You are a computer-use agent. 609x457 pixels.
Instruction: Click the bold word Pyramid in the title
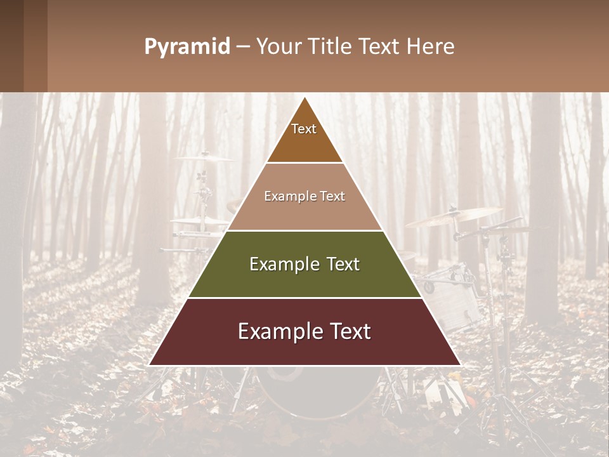pyautogui.click(x=187, y=47)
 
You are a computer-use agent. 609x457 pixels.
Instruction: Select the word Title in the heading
pyautogui.click(x=332, y=47)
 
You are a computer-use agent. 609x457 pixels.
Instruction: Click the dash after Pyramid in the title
pyautogui.click(x=242, y=47)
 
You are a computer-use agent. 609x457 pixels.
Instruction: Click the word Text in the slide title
pyautogui.click(x=381, y=47)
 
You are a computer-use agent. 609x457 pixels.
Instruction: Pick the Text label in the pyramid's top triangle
pyautogui.click(x=304, y=129)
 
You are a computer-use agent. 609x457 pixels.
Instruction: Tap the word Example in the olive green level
pyautogui.click(x=284, y=264)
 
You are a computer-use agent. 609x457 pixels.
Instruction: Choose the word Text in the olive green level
pyautogui.click(x=343, y=264)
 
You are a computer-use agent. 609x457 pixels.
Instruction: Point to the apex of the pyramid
pyautogui.click(x=304, y=97)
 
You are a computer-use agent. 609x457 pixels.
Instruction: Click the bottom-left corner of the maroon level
pyautogui.click(x=149, y=365)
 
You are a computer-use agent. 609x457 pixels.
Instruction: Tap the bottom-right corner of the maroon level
pyautogui.click(x=460, y=365)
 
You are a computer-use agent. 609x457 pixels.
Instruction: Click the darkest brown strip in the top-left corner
pyautogui.click(x=11, y=46)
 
